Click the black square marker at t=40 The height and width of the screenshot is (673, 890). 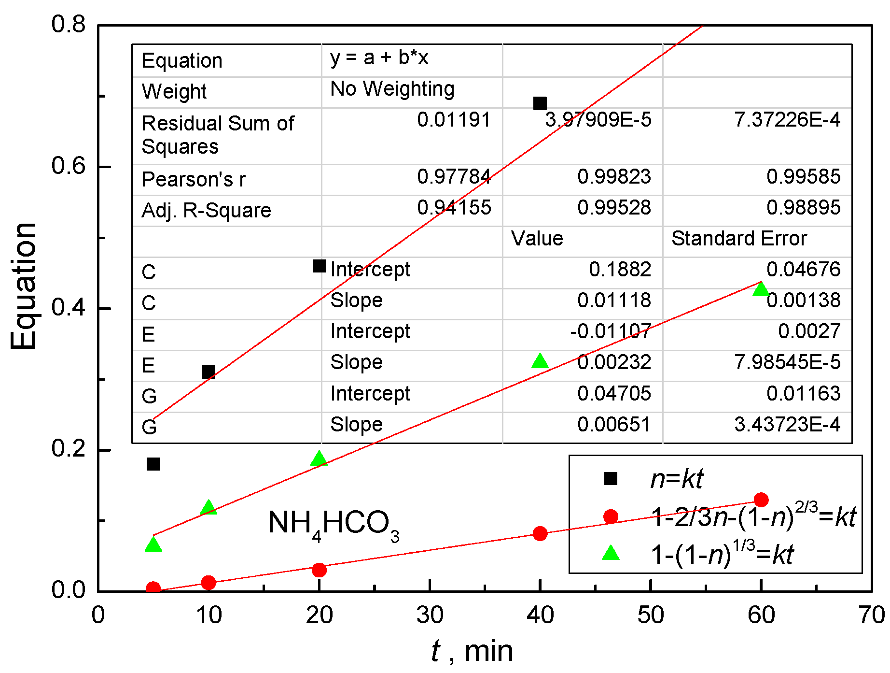[540, 103]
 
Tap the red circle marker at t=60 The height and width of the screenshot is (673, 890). [761, 500]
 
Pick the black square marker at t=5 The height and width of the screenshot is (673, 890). [153, 464]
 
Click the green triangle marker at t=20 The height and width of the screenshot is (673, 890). [319, 458]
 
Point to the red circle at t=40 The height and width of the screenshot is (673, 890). [540, 533]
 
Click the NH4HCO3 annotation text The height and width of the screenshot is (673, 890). [333, 524]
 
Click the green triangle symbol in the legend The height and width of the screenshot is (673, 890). [611, 553]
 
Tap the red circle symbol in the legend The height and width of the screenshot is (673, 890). [611, 516]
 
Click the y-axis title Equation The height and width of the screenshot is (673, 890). [23, 286]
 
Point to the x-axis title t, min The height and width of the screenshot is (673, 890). [472, 651]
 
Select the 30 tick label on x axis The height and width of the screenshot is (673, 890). [430, 616]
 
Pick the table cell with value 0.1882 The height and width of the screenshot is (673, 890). [620, 270]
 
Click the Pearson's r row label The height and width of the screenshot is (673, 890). [194, 180]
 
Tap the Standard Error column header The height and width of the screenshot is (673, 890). [739, 239]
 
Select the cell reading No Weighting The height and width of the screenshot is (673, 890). [392, 89]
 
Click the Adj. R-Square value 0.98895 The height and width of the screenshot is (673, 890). [803, 208]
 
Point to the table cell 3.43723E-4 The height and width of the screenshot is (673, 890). [787, 425]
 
